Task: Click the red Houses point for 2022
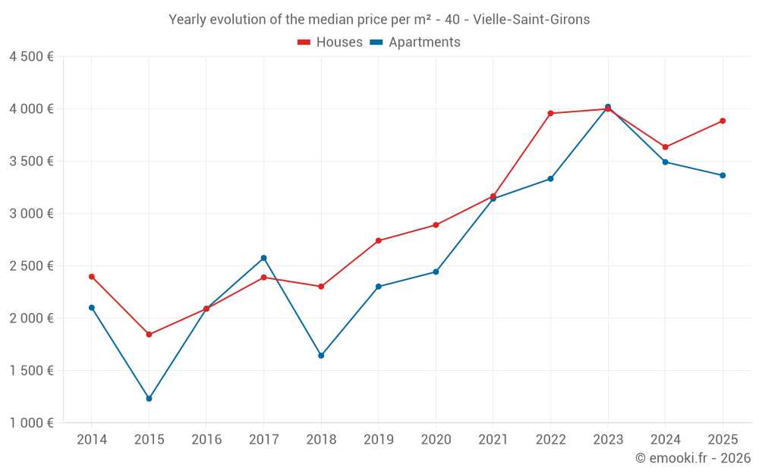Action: [x=550, y=114]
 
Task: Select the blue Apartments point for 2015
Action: [x=149, y=399]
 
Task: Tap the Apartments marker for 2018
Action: [x=321, y=356]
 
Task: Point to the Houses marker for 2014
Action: [x=92, y=277]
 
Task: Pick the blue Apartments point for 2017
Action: [x=264, y=259]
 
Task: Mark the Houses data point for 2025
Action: [x=723, y=121]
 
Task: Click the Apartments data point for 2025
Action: [x=723, y=176]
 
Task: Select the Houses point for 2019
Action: [x=379, y=241]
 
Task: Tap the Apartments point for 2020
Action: [x=436, y=272]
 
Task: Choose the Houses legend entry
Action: [x=330, y=42]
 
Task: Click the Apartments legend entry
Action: [x=415, y=42]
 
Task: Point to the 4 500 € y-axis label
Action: [x=31, y=57]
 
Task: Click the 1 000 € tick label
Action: [x=31, y=422]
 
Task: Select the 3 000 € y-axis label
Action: [x=31, y=213]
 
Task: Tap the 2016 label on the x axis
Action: [x=206, y=439]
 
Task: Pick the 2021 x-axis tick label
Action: [x=493, y=439]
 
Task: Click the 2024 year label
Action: [x=665, y=439]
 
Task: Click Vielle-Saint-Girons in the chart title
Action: [x=531, y=20]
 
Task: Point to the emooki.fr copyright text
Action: [x=693, y=457]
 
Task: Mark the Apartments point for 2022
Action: [x=550, y=179]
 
